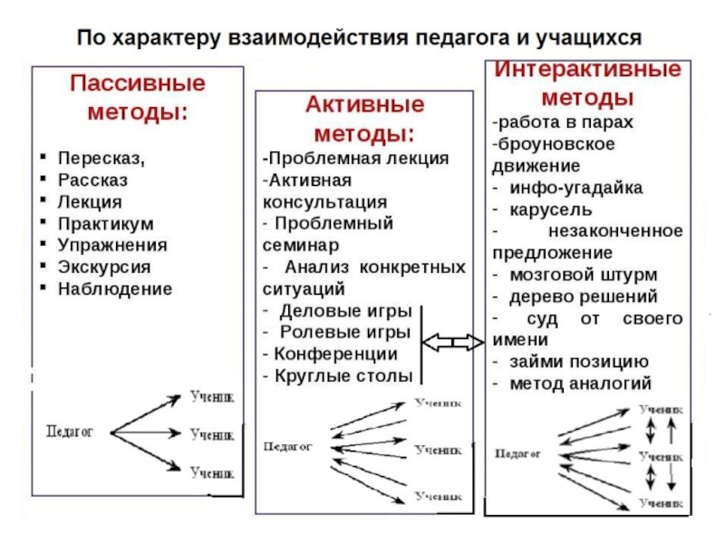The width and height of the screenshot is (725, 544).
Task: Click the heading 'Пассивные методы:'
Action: (x=138, y=99)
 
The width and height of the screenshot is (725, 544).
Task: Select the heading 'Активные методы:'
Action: (x=362, y=119)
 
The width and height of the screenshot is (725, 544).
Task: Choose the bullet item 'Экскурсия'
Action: (x=104, y=267)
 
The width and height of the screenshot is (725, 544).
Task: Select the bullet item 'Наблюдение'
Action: (x=114, y=289)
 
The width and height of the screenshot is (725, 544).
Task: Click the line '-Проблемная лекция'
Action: (x=355, y=157)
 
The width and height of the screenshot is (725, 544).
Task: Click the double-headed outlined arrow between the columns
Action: (x=453, y=342)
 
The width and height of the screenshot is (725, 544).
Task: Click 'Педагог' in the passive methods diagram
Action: (x=70, y=432)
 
